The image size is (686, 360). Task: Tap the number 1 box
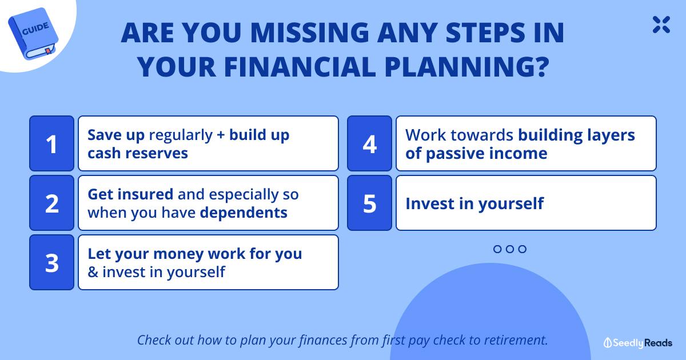coord(52,143)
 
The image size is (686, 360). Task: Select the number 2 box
coord(52,203)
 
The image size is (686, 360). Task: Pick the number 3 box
coord(52,262)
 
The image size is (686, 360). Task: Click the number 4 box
coord(370,143)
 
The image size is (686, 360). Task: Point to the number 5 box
coord(370,203)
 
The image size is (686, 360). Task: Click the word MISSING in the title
coord(310,33)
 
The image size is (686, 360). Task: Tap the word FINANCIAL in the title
coord(300,67)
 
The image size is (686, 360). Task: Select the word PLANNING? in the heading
coord(466,67)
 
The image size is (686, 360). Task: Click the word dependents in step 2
coord(244,213)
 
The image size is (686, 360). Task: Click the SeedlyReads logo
coord(637,343)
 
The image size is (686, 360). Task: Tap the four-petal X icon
coord(661,25)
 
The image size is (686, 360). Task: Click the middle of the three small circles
coord(510,249)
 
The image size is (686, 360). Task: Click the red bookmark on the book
coord(49,51)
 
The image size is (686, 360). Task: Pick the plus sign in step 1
coord(221,135)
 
